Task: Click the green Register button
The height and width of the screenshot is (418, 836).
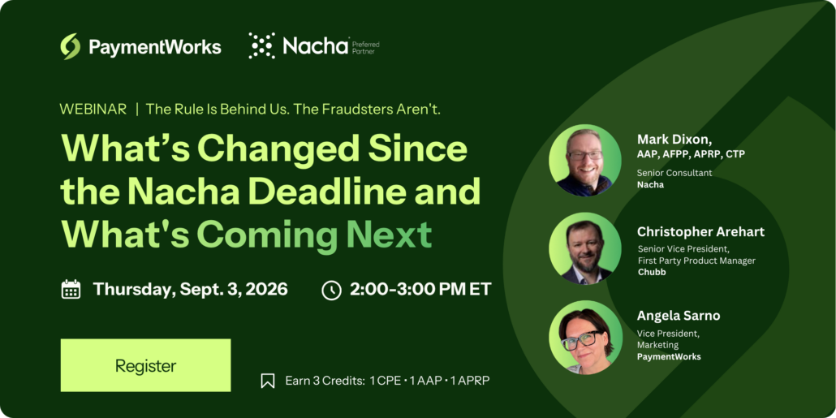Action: point(145,365)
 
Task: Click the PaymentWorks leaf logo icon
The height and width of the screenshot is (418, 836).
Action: point(71,46)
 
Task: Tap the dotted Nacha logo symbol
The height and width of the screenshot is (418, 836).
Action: point(262,45)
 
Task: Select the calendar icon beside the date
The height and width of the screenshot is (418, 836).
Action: point(71,290)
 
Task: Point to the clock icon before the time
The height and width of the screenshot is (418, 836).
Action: point(332,290)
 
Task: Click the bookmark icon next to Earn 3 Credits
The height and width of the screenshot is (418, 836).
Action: point(268,381)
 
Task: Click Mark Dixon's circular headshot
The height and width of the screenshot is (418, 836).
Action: point(585,161)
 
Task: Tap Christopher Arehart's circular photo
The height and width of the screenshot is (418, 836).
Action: point(585,248)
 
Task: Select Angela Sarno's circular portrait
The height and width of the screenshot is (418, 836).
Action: point(585,336)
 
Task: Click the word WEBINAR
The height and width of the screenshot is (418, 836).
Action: point(93,110)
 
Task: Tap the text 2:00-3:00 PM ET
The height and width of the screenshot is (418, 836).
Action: point(420,290)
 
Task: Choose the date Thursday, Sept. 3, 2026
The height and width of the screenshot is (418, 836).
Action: point(191,290)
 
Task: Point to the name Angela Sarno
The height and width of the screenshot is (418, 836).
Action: point(679,316)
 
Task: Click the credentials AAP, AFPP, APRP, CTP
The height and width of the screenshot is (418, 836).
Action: point(691,154)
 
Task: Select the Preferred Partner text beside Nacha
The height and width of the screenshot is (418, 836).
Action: point(366,46)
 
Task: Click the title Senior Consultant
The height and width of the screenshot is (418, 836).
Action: point(675,173)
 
